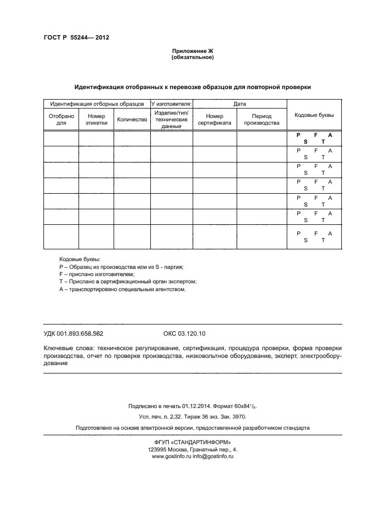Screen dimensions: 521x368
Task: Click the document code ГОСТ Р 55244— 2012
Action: point(75,38)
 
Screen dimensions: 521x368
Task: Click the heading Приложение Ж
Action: point(193,51)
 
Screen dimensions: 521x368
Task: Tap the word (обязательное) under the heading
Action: point(193,57)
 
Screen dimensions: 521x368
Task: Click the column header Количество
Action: point(132,119)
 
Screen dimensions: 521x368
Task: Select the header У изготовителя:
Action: point(171,104)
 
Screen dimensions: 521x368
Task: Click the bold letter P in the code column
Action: point(298,135)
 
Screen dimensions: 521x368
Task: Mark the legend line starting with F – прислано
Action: point(96,274)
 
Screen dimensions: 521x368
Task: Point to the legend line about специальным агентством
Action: point(122,289)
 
